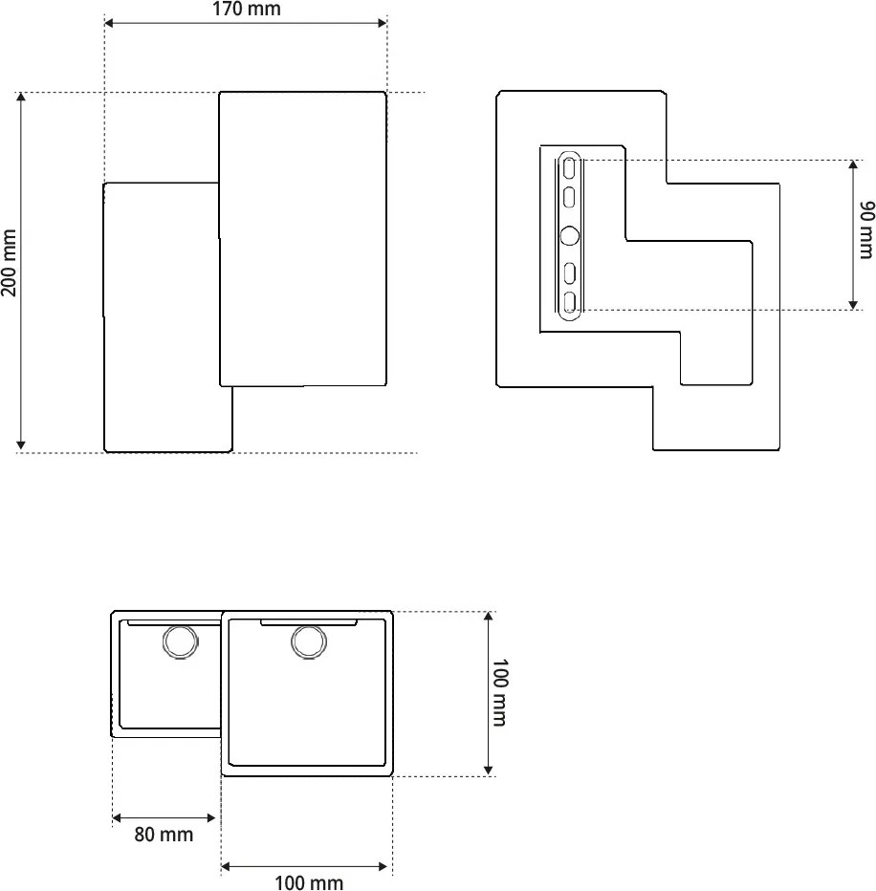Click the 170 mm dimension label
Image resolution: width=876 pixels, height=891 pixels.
pyautogui.click(x=246, y=9)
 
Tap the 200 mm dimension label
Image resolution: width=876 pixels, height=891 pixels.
pyautogui.click(x=9, y=263)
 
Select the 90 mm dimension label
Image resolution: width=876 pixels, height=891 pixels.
pyautogui.click(x=866, y=229)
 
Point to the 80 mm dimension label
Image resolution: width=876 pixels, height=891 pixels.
pyautogui.click(x=164, y=835)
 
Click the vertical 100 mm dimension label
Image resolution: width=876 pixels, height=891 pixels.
pyautogui.click(x=499, y=693)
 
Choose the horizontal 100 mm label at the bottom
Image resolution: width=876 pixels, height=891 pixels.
pyautogui.click(x=309, y=882)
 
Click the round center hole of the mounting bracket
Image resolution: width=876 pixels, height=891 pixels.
pyautogui.click(x=570, y=235)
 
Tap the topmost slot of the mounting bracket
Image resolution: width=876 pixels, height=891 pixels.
pyautogui.click(x=569, y=169)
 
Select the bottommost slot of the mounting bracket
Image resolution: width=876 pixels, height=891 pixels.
pyautogui.click(x=569, y=302)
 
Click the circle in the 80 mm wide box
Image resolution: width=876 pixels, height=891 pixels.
pyautogui.click(x=181, y=641)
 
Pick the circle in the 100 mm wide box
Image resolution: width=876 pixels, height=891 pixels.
pyautogui.click(x=309, y=641)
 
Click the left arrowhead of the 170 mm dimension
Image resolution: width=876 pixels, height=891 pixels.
pyautogui.click(x=109, y=23)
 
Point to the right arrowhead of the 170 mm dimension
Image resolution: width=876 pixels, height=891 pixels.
pyautogui.click(x=382, y=23)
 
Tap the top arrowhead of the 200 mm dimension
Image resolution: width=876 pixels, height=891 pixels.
pyautogui.click(x=21, y=98)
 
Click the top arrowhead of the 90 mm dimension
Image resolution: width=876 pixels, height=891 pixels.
pyautogui.click(x=853, y=165)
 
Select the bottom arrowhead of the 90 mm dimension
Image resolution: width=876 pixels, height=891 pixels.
pyautogui.click(x=853, y=305)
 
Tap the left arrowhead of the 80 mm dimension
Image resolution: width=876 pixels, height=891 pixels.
pyautogui.click(x=117, y=818)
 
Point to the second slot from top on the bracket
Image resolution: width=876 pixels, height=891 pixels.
pyautogui.click(x=569, y=197)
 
